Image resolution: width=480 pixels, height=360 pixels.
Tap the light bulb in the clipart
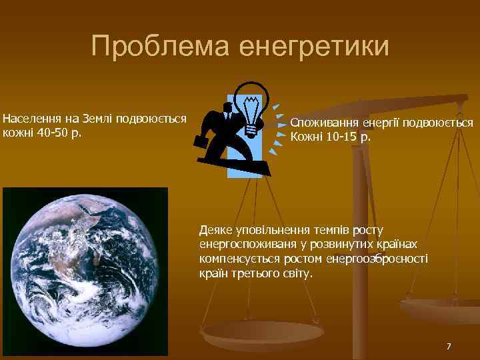tap(251, 106)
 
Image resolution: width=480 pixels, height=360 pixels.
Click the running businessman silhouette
tap(226, 130)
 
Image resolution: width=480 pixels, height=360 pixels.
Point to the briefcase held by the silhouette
tap(201, 141)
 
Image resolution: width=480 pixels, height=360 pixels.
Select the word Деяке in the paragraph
tap(215, 230)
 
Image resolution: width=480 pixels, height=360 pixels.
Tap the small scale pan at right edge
tap(440, 310)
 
